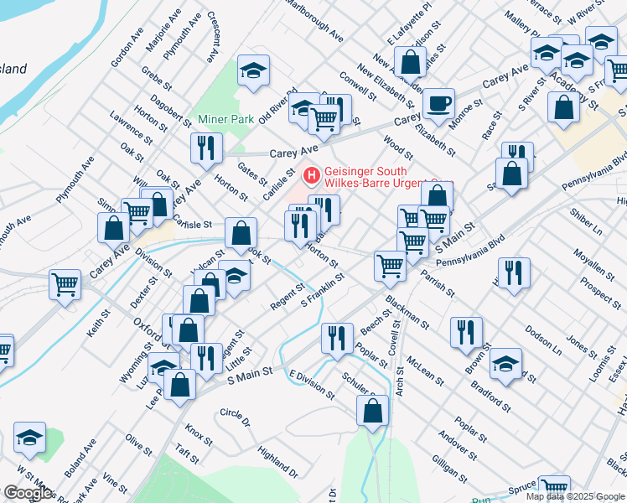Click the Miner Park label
[x=225, y=119]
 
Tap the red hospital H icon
[x=311, y=176]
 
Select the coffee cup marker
[x=438, y=105]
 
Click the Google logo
[x=28, y=492]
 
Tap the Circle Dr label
[x=236, y=417]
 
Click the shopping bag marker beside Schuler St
[x=372, y=411]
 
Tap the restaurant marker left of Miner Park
[x=205, y=148]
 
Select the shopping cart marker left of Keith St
[x=65, y=285]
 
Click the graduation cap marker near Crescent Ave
[x=252, y=70]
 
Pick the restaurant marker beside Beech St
[x=337, y=339]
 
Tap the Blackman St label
[x=407, y=310]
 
